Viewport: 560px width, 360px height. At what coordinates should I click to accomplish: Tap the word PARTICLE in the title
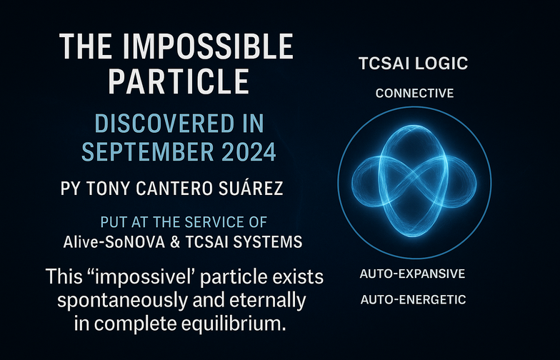click(x=179, y=81)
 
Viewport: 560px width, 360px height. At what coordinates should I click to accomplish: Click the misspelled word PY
click(x=70, y=189)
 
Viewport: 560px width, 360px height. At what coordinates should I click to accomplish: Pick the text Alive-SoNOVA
click(x=114, y=241)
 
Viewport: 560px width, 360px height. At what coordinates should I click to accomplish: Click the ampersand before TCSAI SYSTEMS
click(x=175, y=242)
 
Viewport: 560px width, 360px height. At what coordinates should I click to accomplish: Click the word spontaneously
click(x=122, y=301)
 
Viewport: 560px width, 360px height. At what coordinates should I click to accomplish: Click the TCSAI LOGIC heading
click(x=413, y=64)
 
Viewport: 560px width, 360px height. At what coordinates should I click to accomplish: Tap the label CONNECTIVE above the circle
click(x=414, y=93)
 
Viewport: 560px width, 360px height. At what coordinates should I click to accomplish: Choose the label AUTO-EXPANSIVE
click(x=413, y=274)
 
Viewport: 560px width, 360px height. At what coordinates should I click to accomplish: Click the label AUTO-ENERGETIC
click(x=413, y=299)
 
